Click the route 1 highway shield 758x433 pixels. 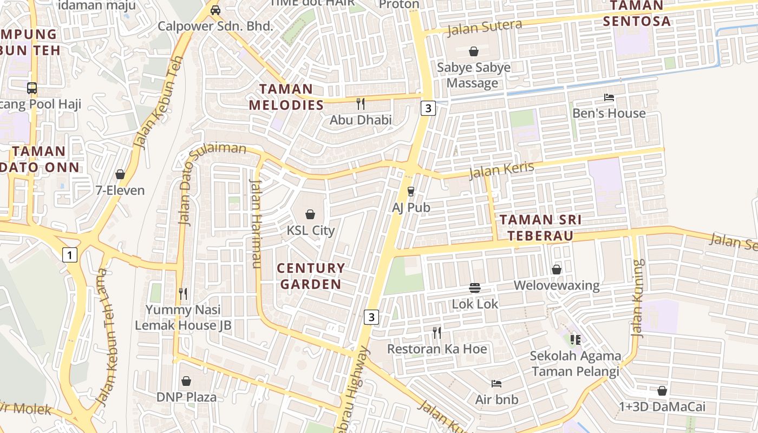pyautogui.click(x=69, y=254)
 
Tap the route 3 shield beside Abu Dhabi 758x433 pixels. pyautogui.click(x=428, y=108)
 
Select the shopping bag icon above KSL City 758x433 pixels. pyautogui.click(x=310, y=215)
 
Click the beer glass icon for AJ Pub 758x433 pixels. pyautogui.click(x=410, y=192)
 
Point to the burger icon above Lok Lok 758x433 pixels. pyautogui.click(x=475, y=288)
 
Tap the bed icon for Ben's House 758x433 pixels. pyautogui.click(x=609, y=98)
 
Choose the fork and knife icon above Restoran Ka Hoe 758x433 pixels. pyautogui.click(x=437, y=332)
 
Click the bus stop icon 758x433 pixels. pyautogui.click(x=32, y=88)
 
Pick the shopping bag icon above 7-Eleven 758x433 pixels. pyautogui.click(x=120, y=174)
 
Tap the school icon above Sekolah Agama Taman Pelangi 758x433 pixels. pyautogui.click(x=575, y=340)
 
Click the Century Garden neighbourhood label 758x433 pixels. pyautogui.click(x=311, y=276)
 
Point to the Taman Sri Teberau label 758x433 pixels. pyautogui.click(x=540, y=228)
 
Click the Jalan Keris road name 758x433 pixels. pyautogui.click(x=501, y=170)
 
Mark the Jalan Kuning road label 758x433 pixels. pyautogui.click(x=639, y=298)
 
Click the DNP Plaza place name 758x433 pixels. pyautogui.click(x=186, y=397)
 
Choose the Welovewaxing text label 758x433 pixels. pyautogui.click(x=557, y=285)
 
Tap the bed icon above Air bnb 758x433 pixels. pyautogui.click(x=496, y=384)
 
